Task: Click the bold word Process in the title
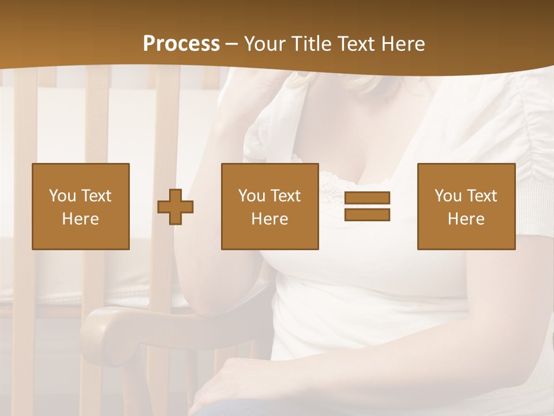click(x=181, y=44)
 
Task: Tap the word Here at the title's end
click(x=402, y=44)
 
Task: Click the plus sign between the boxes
click(x=175, y=206)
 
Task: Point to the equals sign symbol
click(x=367, y=206)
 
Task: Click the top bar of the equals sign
click(x=367, y=198)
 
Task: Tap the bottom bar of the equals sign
click(x=367, y=214)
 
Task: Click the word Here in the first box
click(x=80, y=219)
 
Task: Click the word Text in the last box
click(x=482, y=196)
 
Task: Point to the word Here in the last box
click(x=466, y=219)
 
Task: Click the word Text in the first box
click(x=96, y=196)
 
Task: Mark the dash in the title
click(x=232, y=44)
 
